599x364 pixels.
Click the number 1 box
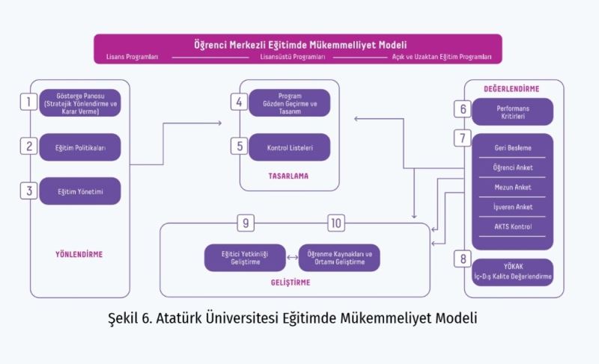tap(28, 101)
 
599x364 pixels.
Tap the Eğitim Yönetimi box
tap(80, 191)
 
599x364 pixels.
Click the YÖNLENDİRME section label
tap(79, 254)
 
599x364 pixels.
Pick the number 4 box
tap(238, 102)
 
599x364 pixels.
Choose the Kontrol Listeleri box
tap(289, 147)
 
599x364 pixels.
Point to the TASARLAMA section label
tap(289, 177)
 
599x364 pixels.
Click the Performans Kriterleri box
tap(513, 112)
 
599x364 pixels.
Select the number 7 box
tap(463, 139)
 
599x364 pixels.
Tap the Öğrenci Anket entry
tap(513, 167)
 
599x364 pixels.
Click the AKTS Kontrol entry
tap(513, 226)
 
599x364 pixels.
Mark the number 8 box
tap(463, 259)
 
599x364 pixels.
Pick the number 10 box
tap(336, 223)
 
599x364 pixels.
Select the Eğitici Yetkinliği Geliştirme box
tap(246, 258)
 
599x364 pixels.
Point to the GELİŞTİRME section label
tap(290, 283)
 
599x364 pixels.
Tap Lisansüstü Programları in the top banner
tap(292, 57)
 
